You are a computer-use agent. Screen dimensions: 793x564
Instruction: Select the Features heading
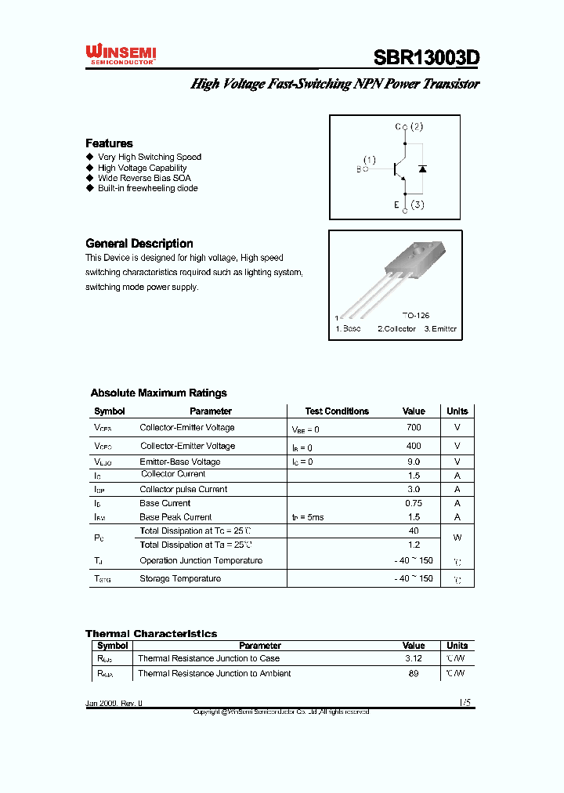coord(109,143)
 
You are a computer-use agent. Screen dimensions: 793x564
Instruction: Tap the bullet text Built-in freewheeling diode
coord(147,188)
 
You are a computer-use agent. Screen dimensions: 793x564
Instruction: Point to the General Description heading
coord(139,244)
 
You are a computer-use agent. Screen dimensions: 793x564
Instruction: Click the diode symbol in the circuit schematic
coord(422,168)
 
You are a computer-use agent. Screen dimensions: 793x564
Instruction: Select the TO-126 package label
coord(416,315)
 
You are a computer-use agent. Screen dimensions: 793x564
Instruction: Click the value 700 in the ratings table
coord(414,428)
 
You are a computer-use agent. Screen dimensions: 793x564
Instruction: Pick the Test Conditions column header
coord(337,411)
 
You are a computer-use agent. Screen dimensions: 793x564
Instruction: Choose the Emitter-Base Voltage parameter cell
coord(180,462)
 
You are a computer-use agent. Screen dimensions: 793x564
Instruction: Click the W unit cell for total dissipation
coord(457,538)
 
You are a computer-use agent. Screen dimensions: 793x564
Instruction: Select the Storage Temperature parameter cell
coord(180,579)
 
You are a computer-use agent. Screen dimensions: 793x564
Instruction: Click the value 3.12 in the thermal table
coord(414,659)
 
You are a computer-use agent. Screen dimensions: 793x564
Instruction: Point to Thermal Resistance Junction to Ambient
coord(214,674)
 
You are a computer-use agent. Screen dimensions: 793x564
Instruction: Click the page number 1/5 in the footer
coord(465,704)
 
